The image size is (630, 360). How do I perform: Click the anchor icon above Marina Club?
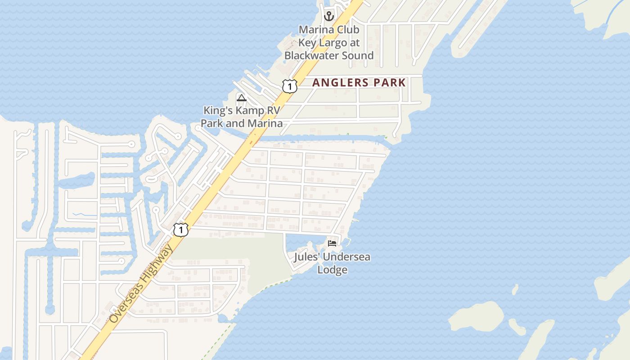(329, 16)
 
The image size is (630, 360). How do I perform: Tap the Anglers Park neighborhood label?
(359, 83)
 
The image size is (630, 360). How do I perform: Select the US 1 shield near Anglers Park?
(290, 86)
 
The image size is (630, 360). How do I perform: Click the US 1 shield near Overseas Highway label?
(181, 229)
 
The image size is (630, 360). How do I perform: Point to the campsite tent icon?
(242, 98)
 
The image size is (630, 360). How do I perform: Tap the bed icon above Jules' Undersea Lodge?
(332, 243)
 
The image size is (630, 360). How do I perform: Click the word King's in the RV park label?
(217, 110)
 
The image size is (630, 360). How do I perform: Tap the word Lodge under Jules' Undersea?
(332, 270)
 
